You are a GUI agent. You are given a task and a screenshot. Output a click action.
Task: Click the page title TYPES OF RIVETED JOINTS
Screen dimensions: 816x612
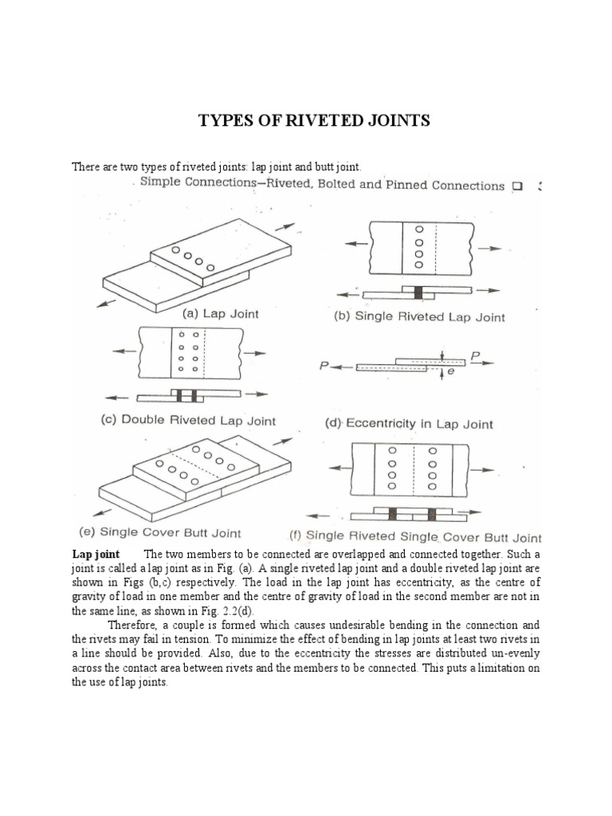(314, 120)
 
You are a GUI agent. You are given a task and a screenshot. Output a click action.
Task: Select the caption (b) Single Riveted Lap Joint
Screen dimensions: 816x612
(418, 316)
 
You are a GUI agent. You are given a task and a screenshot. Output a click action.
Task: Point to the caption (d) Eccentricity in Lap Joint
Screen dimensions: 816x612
(409, 424)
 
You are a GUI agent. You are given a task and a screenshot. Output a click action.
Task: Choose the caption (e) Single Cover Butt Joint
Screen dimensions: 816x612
(159, 532)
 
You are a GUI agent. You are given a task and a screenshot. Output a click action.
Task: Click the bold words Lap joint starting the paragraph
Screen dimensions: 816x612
(96, 554)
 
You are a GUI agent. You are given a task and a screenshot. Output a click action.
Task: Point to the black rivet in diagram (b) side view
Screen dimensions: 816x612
(417, 292)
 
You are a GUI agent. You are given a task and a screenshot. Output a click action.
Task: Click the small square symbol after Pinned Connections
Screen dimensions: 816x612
(517, 186)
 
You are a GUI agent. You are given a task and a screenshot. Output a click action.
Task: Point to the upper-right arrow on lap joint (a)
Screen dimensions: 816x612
(284, 206)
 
